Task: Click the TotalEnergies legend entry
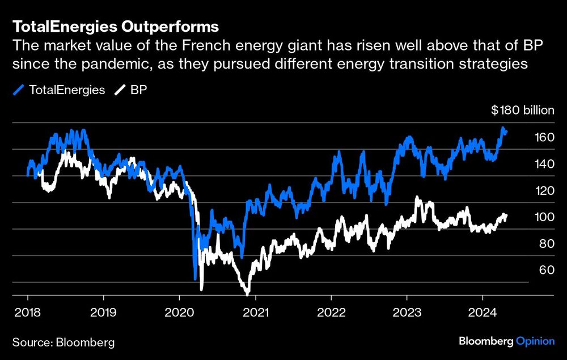click(60, 90)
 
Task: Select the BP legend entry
click(131, 90)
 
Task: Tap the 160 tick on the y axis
click(543, 137)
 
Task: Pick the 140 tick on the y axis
click(543, 163)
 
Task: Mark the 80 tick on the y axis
click(543, 243)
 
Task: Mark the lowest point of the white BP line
click(248, 294)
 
